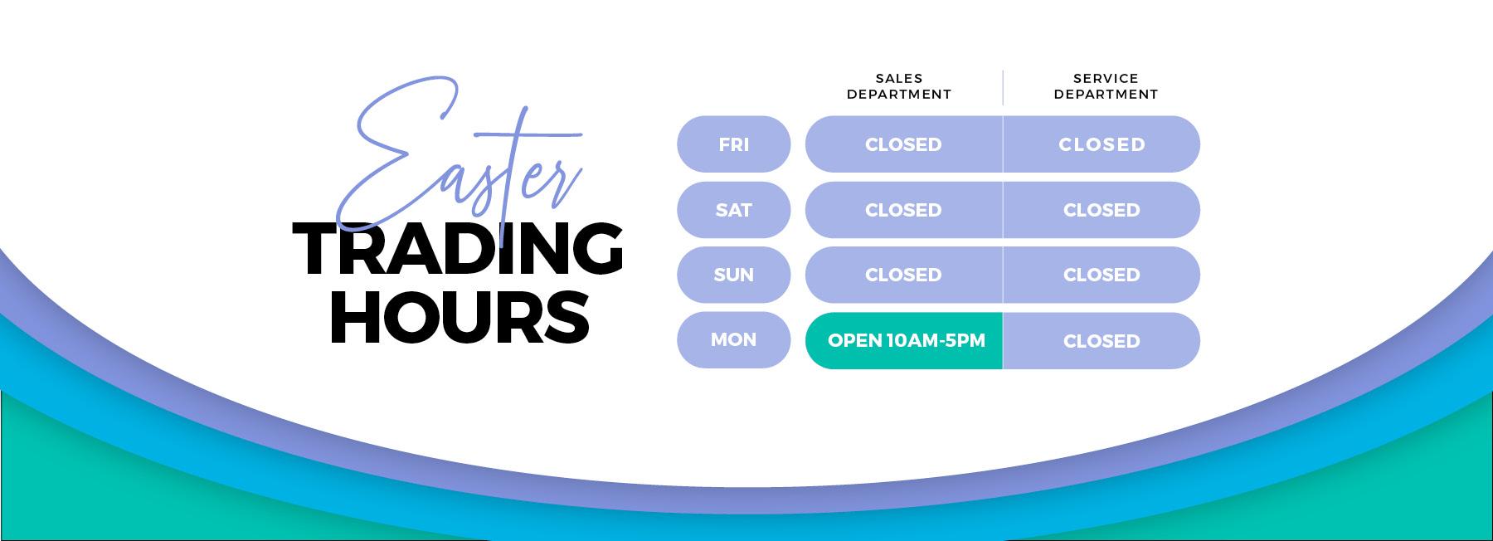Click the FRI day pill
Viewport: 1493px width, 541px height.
(734, 144)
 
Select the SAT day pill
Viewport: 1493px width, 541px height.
(734, 210)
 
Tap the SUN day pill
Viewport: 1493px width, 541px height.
(734, 275)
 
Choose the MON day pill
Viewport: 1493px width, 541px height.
(734, 340)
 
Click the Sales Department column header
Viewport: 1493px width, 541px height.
(899, 86)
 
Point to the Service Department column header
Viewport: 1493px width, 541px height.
(1106, 86)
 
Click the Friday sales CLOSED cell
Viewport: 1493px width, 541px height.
(903, 144)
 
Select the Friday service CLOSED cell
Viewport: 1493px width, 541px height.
(1102, 144)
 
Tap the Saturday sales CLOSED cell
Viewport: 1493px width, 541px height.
(903, 210)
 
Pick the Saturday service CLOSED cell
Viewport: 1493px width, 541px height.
(1102, 210)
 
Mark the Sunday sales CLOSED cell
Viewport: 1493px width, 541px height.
(903, 275)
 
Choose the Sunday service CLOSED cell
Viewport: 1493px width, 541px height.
(1102, 275)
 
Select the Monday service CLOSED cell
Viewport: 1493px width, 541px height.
(1102, 340)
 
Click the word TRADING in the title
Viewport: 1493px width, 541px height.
(458, 249)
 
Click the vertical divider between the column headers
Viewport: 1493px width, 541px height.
(1003, 87)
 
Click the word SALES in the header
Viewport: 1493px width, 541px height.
(899, 79)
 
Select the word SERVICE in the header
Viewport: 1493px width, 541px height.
(1106, 79)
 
